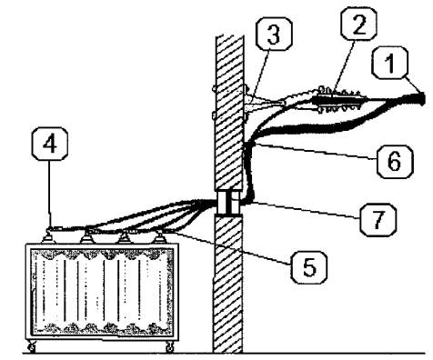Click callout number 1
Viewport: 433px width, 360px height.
(390, 63)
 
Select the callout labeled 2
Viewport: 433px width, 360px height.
(359, 24)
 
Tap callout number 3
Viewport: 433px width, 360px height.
(274, 34)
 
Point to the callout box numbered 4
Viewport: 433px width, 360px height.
(50, 144)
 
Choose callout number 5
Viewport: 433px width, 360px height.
(309, 267)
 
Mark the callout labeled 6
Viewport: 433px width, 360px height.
(395, 162)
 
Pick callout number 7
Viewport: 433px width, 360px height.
(378, 220)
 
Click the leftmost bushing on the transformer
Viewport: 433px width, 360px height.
(48, 235)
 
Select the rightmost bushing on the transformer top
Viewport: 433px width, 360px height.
(158, 236)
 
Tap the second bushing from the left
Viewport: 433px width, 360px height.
(87, 236)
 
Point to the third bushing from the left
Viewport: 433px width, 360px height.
(124, 237)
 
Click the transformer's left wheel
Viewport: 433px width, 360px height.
(32, 347)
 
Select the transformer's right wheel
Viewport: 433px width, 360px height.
(170, 347)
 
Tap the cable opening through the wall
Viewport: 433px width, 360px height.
(229, 203)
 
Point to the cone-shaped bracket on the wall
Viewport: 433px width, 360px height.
(264, 103)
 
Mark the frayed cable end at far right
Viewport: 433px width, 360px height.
(421, 99)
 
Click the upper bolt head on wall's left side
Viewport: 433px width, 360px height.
(214, 89)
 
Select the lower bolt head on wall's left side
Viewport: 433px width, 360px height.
(214, 115)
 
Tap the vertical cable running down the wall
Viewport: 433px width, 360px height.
(249, 171)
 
